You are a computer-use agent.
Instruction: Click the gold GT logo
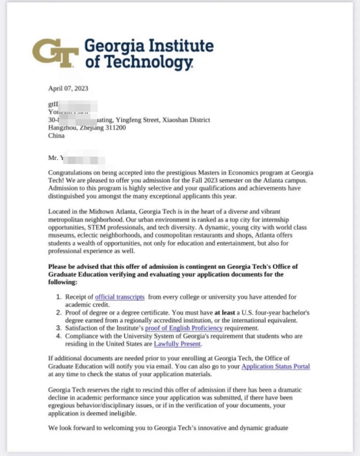pos(55,53)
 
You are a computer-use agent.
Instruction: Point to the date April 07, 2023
pos(68,89)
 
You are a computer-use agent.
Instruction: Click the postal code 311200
pos(115,128)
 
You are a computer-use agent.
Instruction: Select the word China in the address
pos(56,135)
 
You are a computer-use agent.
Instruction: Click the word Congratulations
pos(70,173)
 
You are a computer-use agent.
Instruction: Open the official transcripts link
pos(120,297)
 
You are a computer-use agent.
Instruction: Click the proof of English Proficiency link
pos(184,328)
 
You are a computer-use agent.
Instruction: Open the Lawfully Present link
pos(177,344)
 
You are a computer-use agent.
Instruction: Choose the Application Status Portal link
pos(276,366)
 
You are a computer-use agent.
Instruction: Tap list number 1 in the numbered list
pos(59,297)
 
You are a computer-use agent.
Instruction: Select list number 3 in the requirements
pos(59,328)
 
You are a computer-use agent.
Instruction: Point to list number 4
pos(59,336)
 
